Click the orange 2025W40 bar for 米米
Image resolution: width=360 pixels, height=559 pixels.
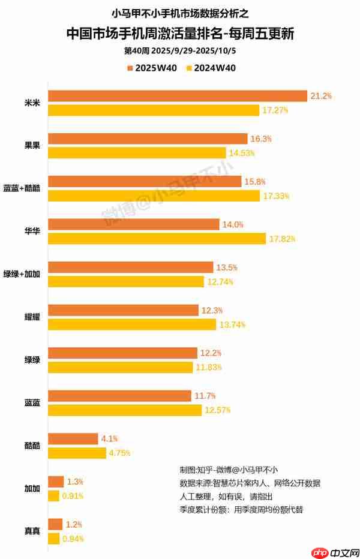[x=178, y=95]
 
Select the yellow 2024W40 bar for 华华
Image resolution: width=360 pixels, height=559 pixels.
[x=157, y=239]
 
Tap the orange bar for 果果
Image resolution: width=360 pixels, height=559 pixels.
[x=148, y=139]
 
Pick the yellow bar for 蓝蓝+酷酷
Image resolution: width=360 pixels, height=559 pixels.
[x=154, y=196]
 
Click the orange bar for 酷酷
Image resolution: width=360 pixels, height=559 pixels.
[x=73, y=438]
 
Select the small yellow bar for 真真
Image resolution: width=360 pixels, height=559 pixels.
[x=53, y=539]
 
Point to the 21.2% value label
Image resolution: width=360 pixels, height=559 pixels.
[x=321, y=95]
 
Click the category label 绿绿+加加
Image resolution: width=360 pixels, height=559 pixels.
[x=22, y=274]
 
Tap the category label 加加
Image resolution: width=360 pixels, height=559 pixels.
[x=32, y=489]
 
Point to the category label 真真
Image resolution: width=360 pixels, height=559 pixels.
[x=32, y=531]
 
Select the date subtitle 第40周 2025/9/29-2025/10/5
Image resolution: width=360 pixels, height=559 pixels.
[x=180, y=50]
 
